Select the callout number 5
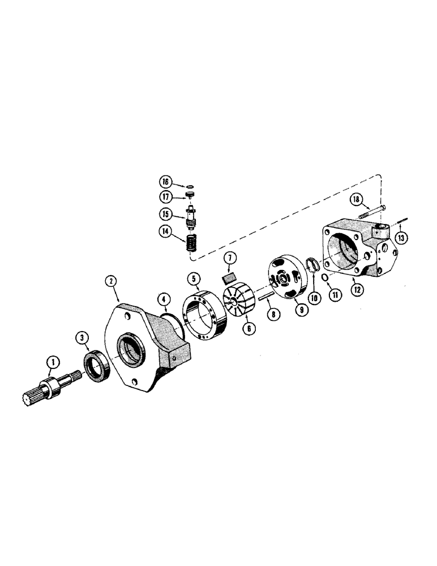click(x=194, y=278)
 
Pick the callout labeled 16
click(x=165, y=182)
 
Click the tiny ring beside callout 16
click(x=190, y=184)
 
